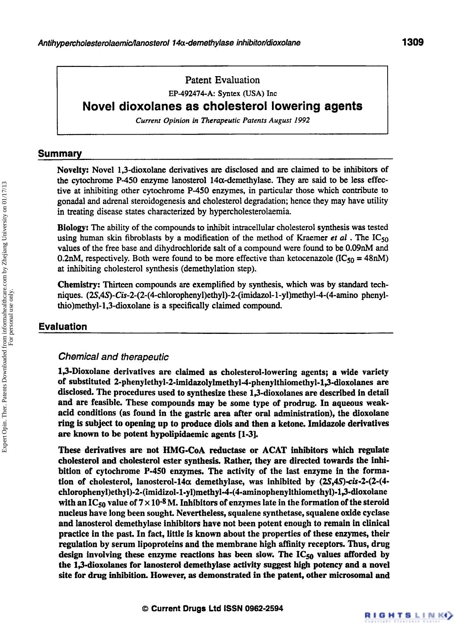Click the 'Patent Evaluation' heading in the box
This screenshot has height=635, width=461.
[222, 80]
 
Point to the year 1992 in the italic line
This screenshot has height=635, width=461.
[302, 120]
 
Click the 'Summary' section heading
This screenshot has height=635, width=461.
[60, 154]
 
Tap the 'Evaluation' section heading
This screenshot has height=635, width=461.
[63, 327]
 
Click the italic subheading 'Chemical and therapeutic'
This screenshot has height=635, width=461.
[113, 357]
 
